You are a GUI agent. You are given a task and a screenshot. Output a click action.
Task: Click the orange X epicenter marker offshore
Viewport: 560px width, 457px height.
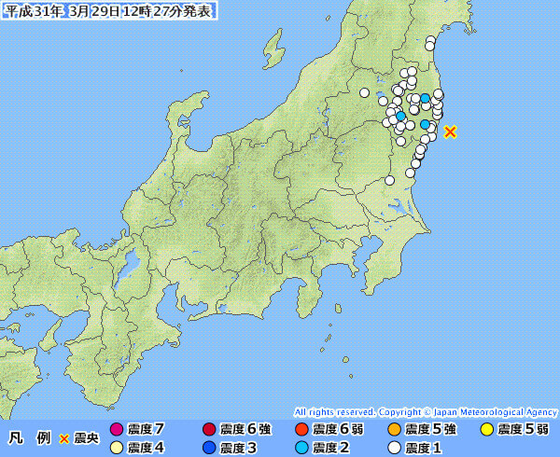pyautogui.click(x=450, y=132)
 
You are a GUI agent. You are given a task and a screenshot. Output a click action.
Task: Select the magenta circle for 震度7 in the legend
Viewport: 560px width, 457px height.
pyautogui.click(x=117, y=430)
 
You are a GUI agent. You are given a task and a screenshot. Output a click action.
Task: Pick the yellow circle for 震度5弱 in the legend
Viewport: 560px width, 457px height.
pyautogui.click(x=486, y=430)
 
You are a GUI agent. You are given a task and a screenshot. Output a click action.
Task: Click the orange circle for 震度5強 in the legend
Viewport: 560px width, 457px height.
pyautogui.click(x=394, y=430)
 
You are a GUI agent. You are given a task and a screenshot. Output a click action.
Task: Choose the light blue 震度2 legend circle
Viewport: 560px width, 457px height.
pyautogui.click(x=301, y=448)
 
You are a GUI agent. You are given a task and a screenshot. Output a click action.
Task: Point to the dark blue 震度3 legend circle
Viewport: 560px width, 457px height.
pyautogui.click(x=209, y=448)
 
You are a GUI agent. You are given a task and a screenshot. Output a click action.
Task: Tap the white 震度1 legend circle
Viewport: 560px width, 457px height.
pyautogui.click(x=394, y=448)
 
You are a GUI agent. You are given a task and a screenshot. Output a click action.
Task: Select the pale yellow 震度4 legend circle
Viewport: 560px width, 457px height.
pyautogui.click(x=117, y=448)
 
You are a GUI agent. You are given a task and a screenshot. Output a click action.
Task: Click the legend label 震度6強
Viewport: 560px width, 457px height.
pyautogui.click(x=245, y=430)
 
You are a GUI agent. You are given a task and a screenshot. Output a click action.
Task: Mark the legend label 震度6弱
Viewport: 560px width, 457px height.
pyautogui.click(x=338, y=430)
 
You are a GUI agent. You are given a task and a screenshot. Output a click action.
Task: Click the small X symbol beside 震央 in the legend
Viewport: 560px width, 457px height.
pyautogui.click(x=64, y=437)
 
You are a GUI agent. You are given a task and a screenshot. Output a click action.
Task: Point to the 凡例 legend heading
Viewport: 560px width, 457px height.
pyautogui.click(x=30, y=437)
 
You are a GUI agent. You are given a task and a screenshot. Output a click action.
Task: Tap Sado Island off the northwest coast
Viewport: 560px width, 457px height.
pyautogui.click(x=272, y=47)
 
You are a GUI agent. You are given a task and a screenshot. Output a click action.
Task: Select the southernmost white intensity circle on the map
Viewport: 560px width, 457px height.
pyautogui.click(x=390, y=180)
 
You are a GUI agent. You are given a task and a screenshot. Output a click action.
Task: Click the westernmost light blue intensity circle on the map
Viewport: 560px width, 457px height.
pyautogui.click(x=401, y=117)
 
